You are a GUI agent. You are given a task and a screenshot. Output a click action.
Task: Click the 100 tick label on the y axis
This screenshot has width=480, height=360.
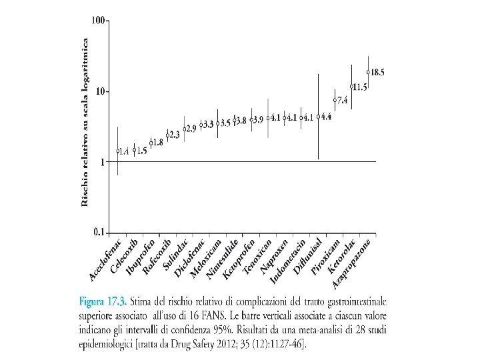point(98,21)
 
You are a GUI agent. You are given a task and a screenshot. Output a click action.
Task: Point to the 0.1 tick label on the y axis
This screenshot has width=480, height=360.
point(98,232)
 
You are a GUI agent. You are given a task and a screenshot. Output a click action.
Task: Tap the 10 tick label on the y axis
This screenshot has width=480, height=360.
point(99,91)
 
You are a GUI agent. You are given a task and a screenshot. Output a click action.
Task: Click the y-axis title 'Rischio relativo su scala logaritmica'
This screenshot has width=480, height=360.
point(85,123)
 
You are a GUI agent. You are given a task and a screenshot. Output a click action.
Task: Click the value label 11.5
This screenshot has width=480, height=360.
point(360,87)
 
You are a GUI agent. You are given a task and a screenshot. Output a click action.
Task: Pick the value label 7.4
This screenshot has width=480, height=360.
point(342,101)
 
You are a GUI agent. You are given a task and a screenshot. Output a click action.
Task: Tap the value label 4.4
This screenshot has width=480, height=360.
point(326,117)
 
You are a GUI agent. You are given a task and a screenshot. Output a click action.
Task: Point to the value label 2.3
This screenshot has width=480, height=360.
point(175,135)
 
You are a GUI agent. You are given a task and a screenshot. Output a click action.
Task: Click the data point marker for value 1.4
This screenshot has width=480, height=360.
point(118,151)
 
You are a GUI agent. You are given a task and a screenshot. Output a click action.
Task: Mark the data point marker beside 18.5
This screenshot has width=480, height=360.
point(368,72)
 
